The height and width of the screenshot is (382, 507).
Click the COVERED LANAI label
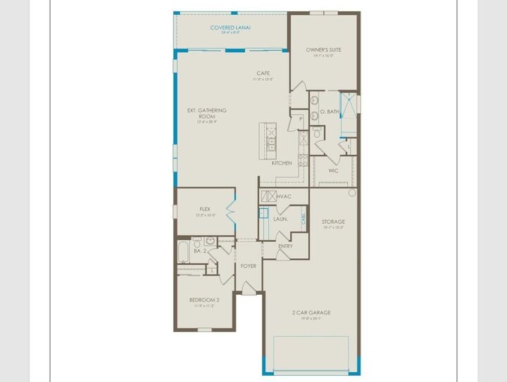click(231, 27)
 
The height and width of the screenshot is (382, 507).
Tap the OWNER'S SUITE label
click(324, 50)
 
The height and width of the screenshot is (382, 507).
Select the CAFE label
click(263, 73)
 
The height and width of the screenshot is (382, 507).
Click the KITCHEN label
click(282, 163)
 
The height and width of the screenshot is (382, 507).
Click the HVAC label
click(284, 196)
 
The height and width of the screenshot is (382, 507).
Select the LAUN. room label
click(280, 219)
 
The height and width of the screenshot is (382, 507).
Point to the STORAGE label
click(334, 222)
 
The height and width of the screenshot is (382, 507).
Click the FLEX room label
click(205, 209)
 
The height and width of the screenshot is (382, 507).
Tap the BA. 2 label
click(200, 250)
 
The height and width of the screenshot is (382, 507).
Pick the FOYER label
click(248, 266)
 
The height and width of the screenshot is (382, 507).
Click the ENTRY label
click(285, 246)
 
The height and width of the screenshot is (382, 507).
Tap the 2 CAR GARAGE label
click(311, 312)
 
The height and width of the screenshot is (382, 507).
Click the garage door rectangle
click(311, 354)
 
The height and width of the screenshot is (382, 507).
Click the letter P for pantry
click(301, 119)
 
